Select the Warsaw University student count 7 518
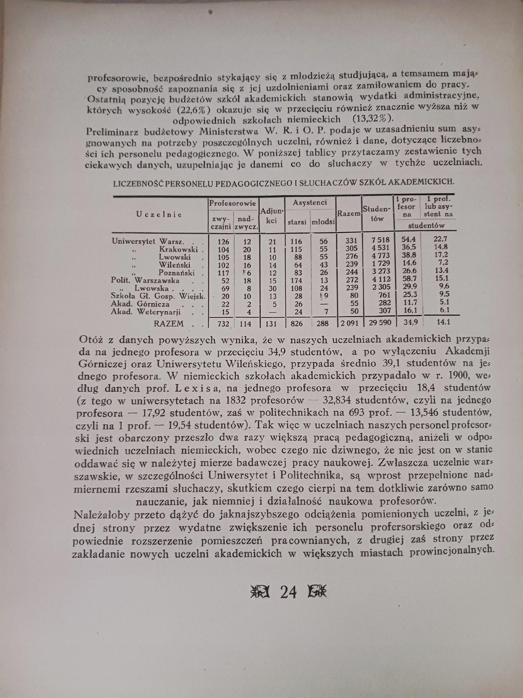pyautogui.click(x=378, y=241)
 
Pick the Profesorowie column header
pyautogui.click(x=232, y=204)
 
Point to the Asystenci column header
pyautogui.click(x=310, y=202)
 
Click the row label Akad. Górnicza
pyautogui.click(x=140, y=304)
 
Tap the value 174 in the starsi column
pyautogui.click(x=297, y=280)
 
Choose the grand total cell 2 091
pyautogui.click(x=349, y=322)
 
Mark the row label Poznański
pyautogui.click(x=177, y=272)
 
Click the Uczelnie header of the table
pyautogui.click(x=159, y=214)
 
